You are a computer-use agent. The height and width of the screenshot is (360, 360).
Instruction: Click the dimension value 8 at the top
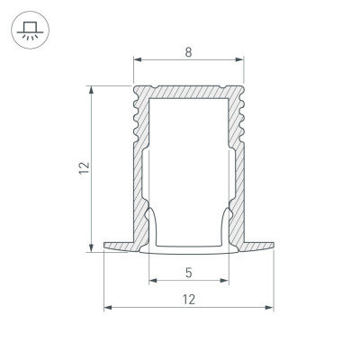point(189,52)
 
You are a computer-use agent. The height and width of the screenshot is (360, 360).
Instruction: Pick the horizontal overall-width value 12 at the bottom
point(189,299)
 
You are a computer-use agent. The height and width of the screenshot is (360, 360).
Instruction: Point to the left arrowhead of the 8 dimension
point(137,62)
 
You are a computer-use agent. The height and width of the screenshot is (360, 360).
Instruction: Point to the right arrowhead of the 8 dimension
point(241,62)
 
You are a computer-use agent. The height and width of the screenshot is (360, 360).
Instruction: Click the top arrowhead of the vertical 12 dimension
point(92,89)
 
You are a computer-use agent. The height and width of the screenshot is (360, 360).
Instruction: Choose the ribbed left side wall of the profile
point(139,153)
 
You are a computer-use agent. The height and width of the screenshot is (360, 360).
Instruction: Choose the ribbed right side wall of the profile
point(238,153)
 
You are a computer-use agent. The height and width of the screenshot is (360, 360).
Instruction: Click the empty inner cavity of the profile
point(189,162)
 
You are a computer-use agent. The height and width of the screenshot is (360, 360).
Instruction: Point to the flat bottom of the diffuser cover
point(189,249)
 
